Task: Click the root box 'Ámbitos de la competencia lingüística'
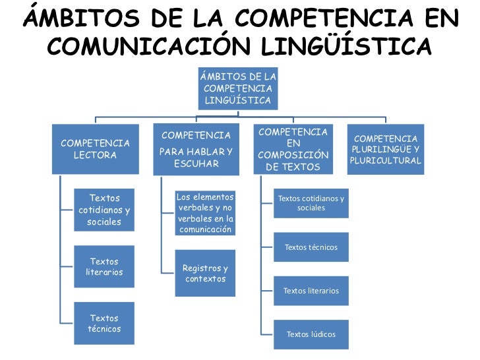pyautogui.click(x=238, y=88)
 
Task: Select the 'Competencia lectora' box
pyautogui.click(x=96, y=150)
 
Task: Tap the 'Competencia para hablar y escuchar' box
pyautogui.click(x=196, y=150)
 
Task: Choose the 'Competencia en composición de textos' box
pyautogui.click(x=293, y=150)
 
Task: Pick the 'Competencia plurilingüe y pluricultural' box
pyautogui.click(x=386, y=150)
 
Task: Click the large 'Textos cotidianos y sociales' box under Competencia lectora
pyautogui.click(x=104, y=210)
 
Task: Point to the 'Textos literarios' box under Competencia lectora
pyautogui.click(x=104, y=267)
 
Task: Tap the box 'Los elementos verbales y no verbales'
pyautogui.click(x=205, y=213)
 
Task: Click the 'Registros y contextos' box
pyautogui.click(x=205, y=274)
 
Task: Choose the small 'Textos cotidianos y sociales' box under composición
pyautogui.click(x=311, y=203)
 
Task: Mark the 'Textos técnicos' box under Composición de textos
pyautogui.click(x=311, y=247)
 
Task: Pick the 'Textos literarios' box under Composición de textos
pyautogui.click(x=311, y=290)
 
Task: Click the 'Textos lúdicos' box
pyautogui.click(x=311, y=334)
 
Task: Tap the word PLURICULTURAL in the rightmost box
pyautogui.click(x=386, y=161)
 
